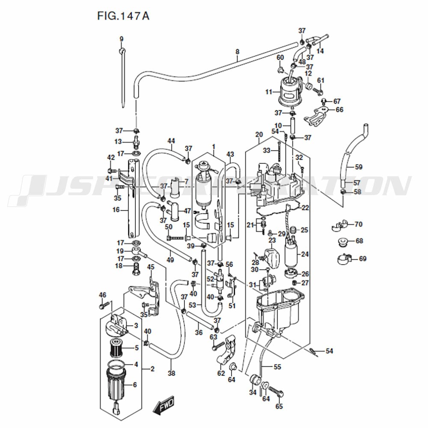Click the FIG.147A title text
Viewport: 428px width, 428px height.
click(x=123, y=16)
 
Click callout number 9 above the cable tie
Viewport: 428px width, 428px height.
click(x=122, y=39)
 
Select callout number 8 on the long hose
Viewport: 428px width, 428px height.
click(x=237, y=52)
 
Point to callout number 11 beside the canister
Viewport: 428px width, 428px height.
click(x=269, y=92)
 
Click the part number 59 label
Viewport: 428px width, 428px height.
click(x=358, y=167)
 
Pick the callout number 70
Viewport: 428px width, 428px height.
click(x=358, y=224)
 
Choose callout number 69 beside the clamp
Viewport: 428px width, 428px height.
click(x=363, y=259)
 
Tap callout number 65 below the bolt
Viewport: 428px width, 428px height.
click(x=279, y=406)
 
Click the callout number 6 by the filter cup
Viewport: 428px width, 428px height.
click(x=134, y=385)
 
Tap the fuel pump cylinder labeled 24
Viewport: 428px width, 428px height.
click(x=292, y=253)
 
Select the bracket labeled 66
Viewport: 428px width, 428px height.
click(x=315, y=116)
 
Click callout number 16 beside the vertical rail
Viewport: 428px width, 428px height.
click(x=116, y=210)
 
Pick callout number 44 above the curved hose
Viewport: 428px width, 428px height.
click(x=171, y=141)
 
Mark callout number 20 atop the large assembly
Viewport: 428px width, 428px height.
click(x=259, y=134)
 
